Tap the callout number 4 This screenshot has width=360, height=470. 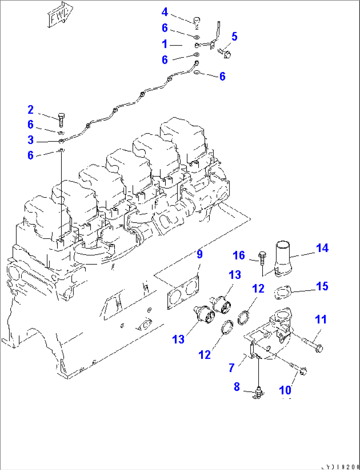(x=165, y=12)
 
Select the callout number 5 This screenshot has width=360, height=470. (x=234, y=36)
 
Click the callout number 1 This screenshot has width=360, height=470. (x=164, y=44)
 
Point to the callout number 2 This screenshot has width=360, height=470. (x=30, y=110)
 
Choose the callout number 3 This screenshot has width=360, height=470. (x=30, y=140)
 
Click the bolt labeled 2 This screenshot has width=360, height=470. (x=61, y=120)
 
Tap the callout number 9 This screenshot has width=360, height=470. (x=199, y=254)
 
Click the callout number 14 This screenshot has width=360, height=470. (x=322, y=248)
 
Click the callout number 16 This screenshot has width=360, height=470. (x=239, y=255)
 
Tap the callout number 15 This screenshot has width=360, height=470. (x=322, y=286)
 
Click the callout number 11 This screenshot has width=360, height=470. (x=320, y=319)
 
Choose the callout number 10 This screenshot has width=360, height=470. (x=285, y=390)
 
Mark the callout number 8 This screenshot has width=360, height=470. (x=237, y=387)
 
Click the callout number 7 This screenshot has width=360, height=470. (x=232, y=367)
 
